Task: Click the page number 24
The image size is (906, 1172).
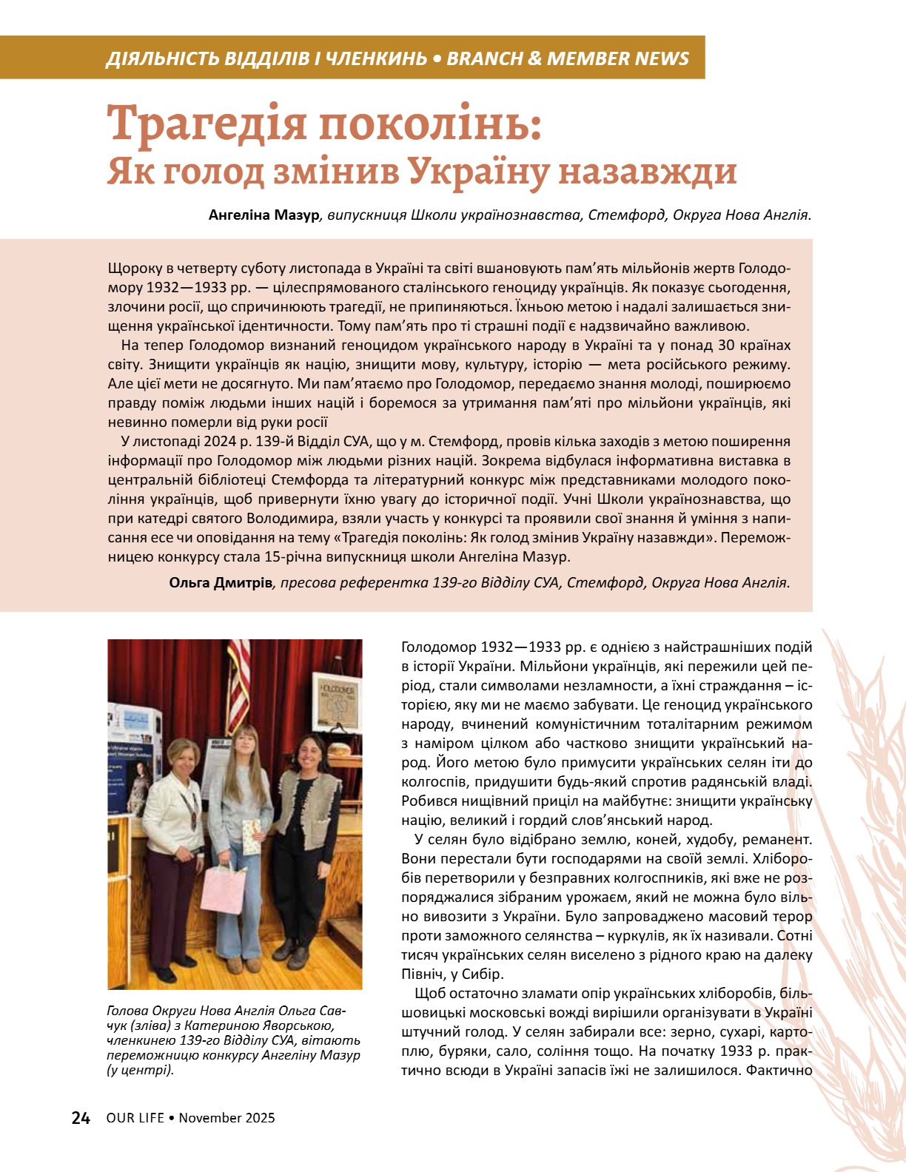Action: [x=81, y=1118]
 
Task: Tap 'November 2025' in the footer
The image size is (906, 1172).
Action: [x=226, y=1118]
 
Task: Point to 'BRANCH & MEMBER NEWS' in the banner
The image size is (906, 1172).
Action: [x=568, y=58]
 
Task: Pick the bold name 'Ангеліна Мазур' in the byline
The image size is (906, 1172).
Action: [x=264, y=215]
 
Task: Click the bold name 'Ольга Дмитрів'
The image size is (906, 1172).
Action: [x=221, y=582]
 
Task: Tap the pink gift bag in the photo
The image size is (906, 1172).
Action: [x=223, y=887]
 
